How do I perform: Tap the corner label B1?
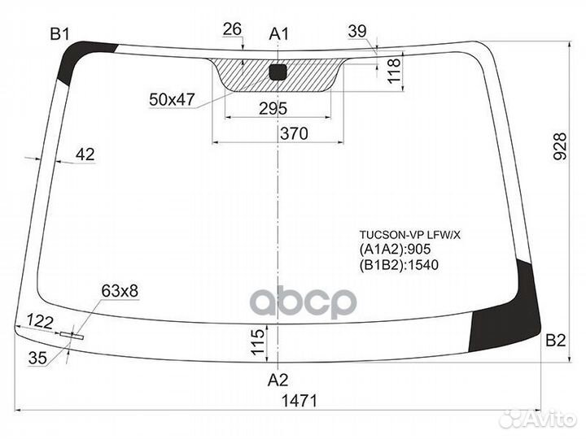pos(60,33)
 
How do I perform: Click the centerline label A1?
pos(279,33)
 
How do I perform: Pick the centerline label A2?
pos(278,379)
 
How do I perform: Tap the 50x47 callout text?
pos(172,99)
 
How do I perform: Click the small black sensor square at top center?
pos(278,72)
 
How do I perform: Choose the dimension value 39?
pos(356,31)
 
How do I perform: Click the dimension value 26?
pos(232,30)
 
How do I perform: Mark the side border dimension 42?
pos(85,154)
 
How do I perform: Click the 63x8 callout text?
pos(120,290)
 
